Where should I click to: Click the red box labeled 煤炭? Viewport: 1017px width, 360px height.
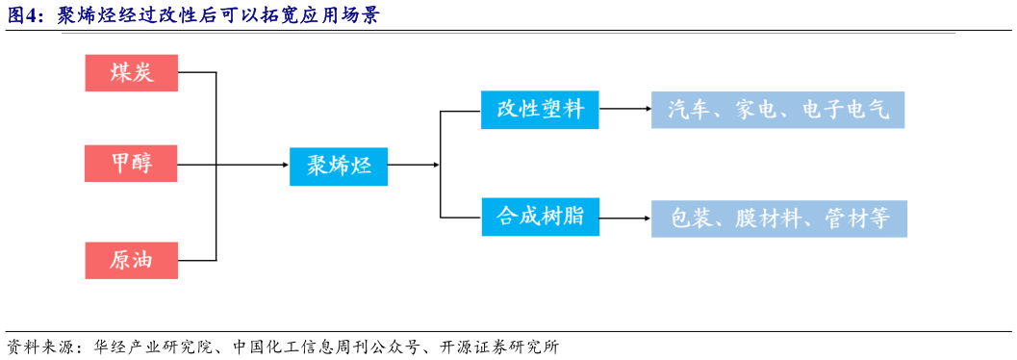coord(132,72)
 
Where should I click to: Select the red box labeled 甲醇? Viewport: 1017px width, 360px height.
coord(132,164)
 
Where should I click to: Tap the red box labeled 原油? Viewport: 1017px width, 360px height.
coord(132,260)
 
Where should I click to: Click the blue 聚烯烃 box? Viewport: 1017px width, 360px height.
coord(339,166)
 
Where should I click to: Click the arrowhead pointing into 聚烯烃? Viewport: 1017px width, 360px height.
coord(283,166)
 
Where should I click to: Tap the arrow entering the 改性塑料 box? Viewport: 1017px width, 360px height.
coord(474,111)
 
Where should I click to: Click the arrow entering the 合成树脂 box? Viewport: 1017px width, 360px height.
coord(474,218)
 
